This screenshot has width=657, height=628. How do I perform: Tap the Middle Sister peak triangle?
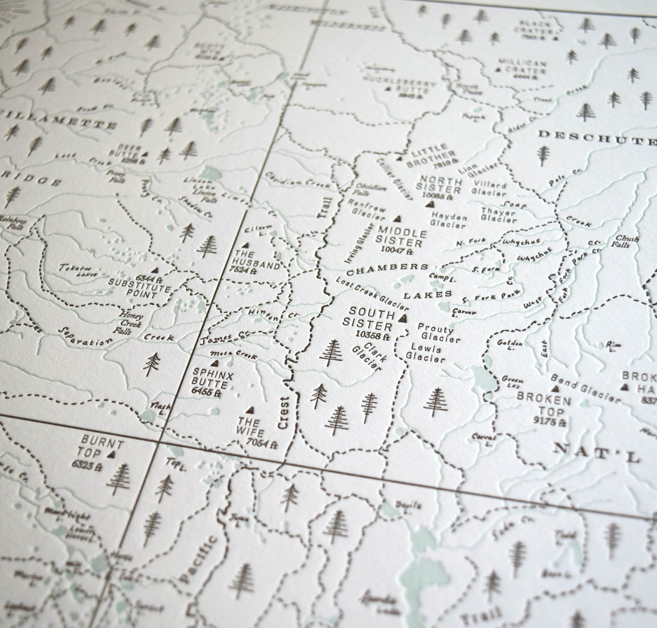[397, 219]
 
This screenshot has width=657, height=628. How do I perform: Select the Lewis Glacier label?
[425, 353]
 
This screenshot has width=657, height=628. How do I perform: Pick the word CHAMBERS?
[388, 269]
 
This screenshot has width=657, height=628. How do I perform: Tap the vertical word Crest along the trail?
[284, 412]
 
